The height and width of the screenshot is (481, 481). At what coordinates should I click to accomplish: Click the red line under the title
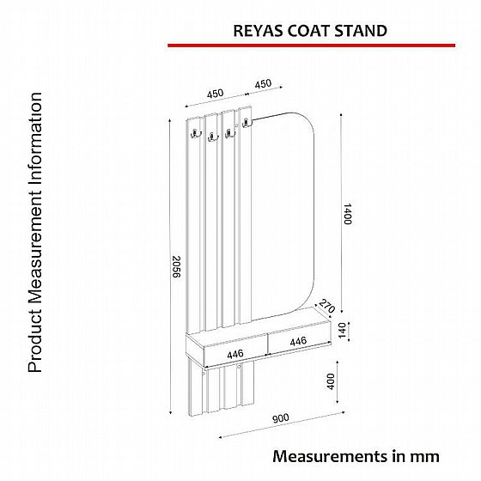tap(311, 46)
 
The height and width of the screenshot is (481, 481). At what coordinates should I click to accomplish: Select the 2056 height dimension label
tap(176, 266)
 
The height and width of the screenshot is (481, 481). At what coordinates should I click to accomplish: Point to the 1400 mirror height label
tap(347, 214)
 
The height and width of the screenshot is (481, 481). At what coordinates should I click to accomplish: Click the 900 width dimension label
tap(281, 418)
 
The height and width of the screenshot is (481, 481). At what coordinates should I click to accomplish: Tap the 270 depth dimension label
tap(326, 306)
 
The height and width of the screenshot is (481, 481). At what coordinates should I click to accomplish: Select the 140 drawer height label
tap(342, 331)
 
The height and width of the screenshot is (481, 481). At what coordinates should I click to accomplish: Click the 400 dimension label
tap(331, 381)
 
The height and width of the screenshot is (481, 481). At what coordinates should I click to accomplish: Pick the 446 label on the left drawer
tap(235, 354)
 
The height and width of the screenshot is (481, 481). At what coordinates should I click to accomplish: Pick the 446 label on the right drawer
tap(298, 341)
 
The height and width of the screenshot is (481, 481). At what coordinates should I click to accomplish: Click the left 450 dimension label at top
tap(215, 94)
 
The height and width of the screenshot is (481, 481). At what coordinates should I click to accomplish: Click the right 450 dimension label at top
tap(263, 83)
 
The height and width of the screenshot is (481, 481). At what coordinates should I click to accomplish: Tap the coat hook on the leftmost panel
tap(195, 134)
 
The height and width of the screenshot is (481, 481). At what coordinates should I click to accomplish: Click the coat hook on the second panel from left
tap(211, 137)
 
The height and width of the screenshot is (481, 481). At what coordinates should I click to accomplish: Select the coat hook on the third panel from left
tap(228, 134)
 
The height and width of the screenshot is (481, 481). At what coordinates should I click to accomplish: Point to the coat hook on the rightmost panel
tap(246, 123)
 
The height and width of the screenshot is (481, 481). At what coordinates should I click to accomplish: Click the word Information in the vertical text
tap(35, 142)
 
